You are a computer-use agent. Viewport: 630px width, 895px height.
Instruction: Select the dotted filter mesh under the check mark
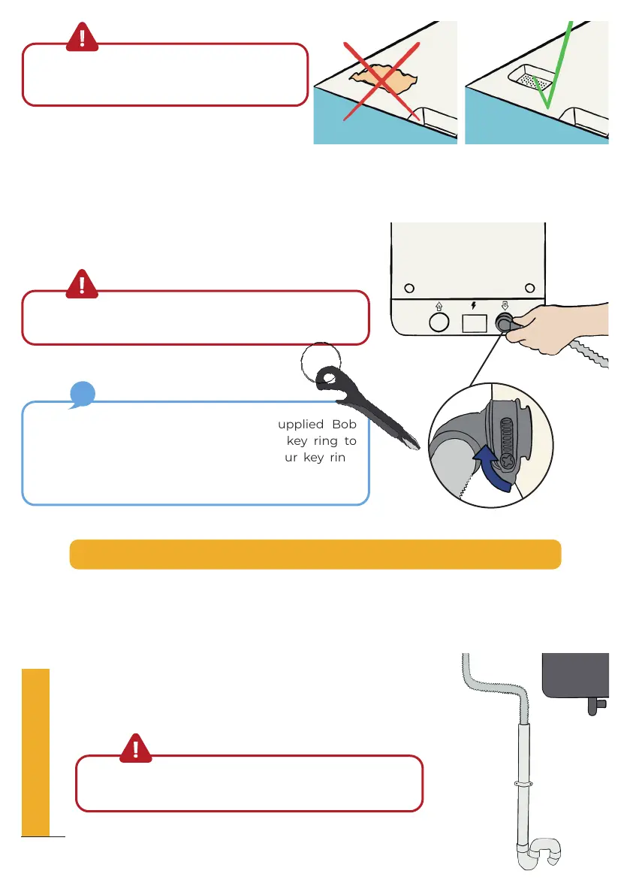534,81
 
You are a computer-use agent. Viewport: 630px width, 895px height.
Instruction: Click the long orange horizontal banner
315,554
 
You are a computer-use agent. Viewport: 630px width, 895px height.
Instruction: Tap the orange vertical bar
36,752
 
